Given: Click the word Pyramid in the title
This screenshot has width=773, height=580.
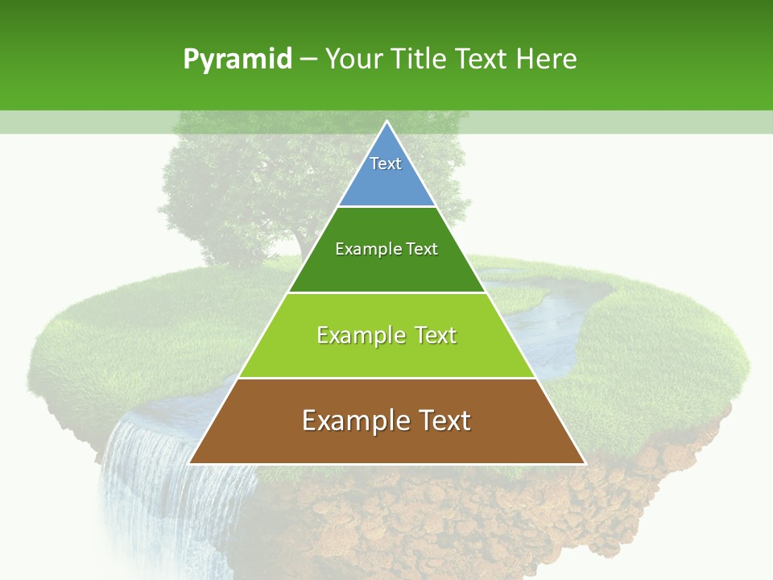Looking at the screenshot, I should [237, 60].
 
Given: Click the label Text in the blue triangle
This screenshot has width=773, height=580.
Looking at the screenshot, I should [386, 164].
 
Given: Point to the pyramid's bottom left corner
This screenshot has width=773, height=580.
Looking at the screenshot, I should [190, 463].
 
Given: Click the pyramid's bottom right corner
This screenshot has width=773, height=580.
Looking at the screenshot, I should [584, 463].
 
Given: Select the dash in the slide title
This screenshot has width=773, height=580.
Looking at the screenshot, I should [308, 60].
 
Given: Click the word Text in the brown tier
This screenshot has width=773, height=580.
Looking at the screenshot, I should [442, 420].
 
